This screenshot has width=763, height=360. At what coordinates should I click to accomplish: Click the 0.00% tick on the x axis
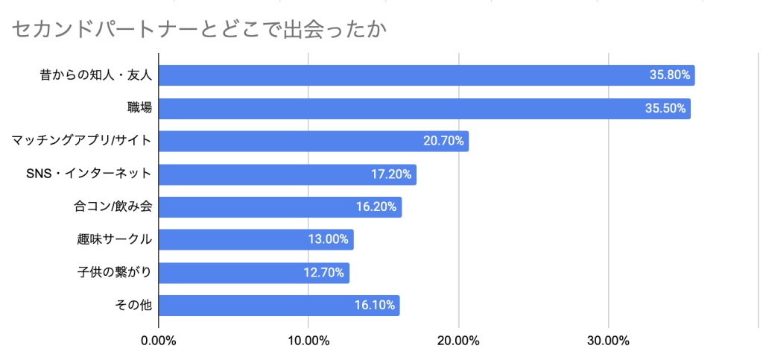(x=158, y=341)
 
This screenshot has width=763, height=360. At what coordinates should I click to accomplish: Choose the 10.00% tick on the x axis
(x=308, y=341)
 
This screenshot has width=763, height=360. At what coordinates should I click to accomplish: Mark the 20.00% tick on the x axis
(x=458, y=341)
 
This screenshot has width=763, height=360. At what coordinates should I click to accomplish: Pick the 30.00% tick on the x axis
(x=608, y=341)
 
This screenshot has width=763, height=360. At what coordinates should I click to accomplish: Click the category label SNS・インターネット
(x=89, y=174)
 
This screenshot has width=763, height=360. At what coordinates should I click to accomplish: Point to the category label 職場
(x=139, y=108)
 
